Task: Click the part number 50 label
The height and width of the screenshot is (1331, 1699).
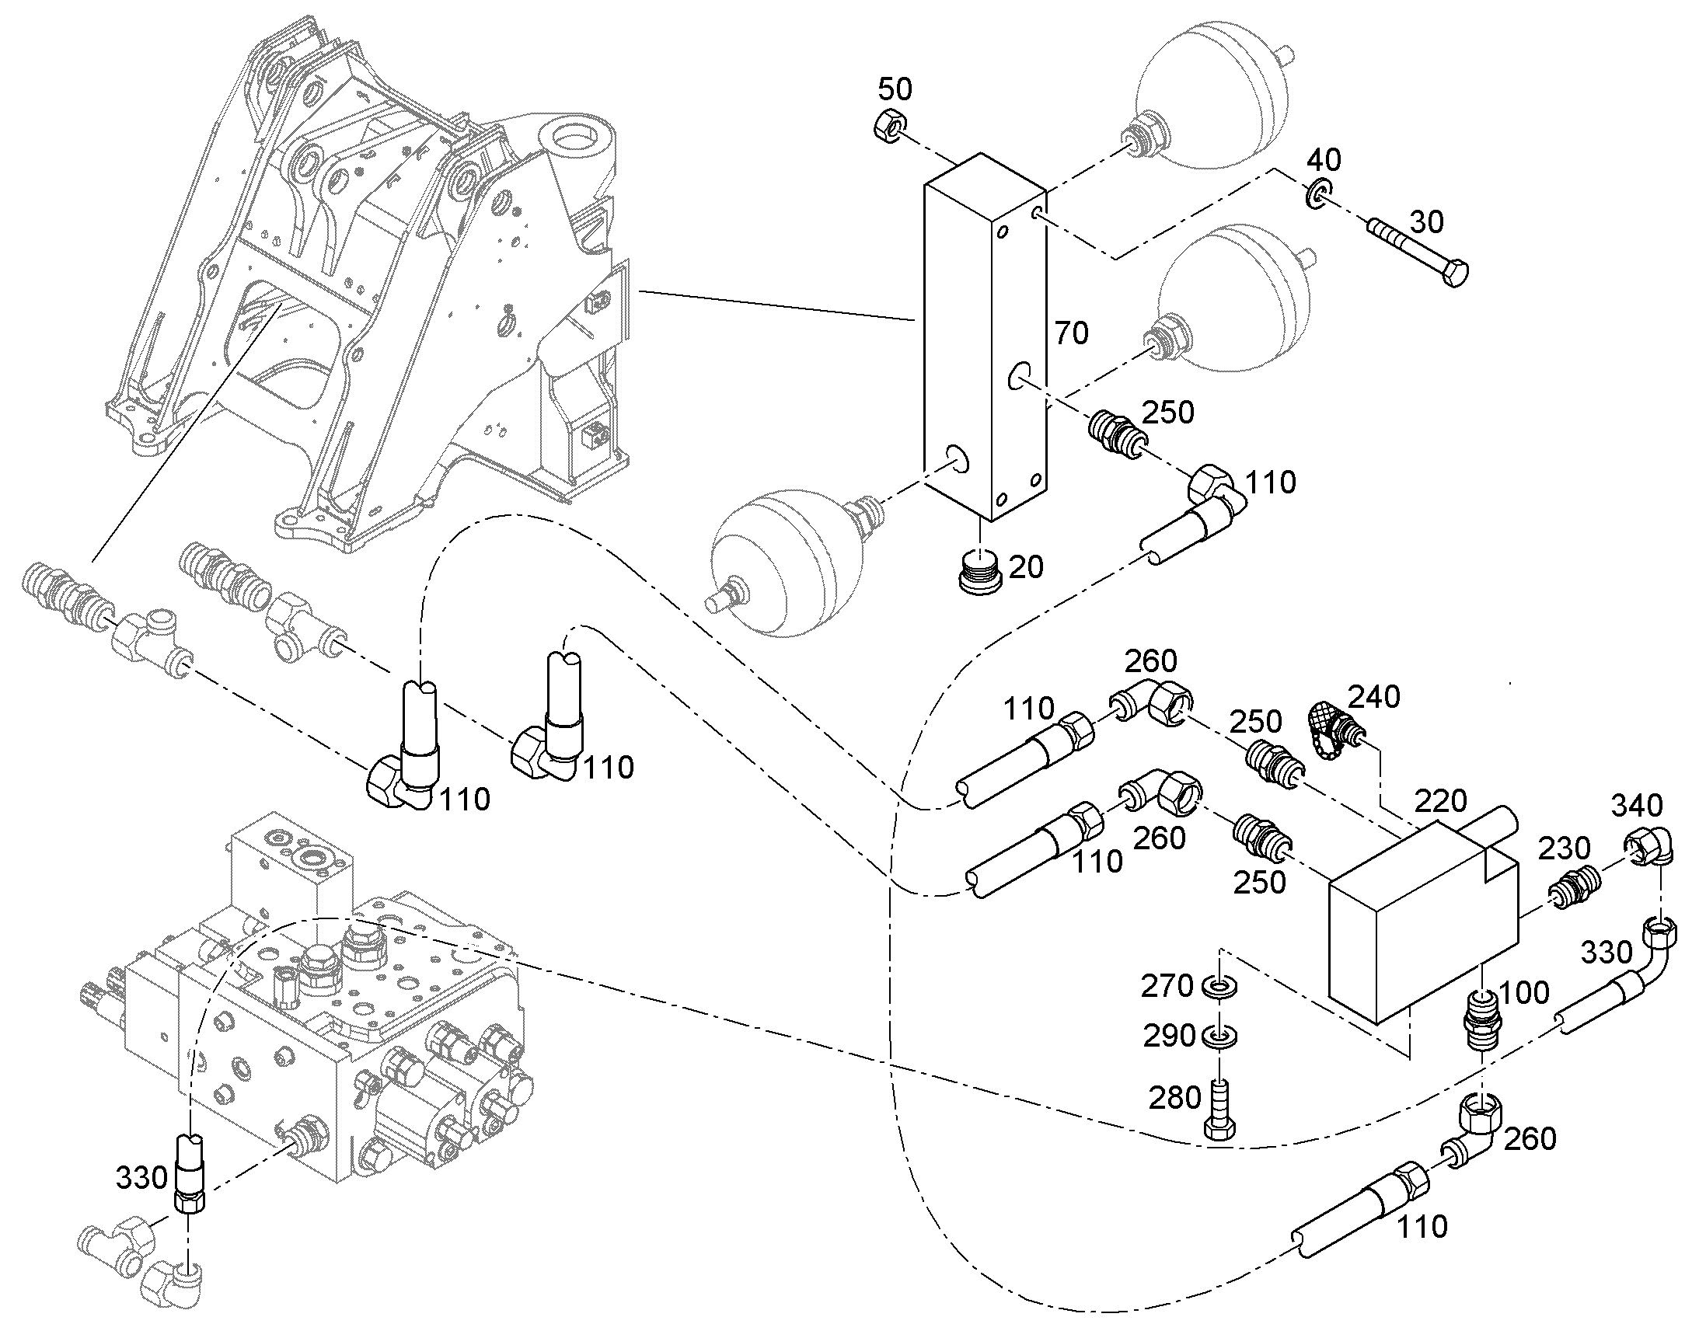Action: coord(895,89)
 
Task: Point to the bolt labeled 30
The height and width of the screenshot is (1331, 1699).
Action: coord(1418,253)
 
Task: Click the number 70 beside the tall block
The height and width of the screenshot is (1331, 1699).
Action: coord(1071,333)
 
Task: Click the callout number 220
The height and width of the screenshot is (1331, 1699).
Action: coord(1441,801)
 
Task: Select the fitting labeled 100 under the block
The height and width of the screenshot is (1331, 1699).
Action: coord(1480,1019)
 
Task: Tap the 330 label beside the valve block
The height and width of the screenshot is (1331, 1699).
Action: coord(142,1177)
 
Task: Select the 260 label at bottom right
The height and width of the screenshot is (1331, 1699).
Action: coord(1529,1138)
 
